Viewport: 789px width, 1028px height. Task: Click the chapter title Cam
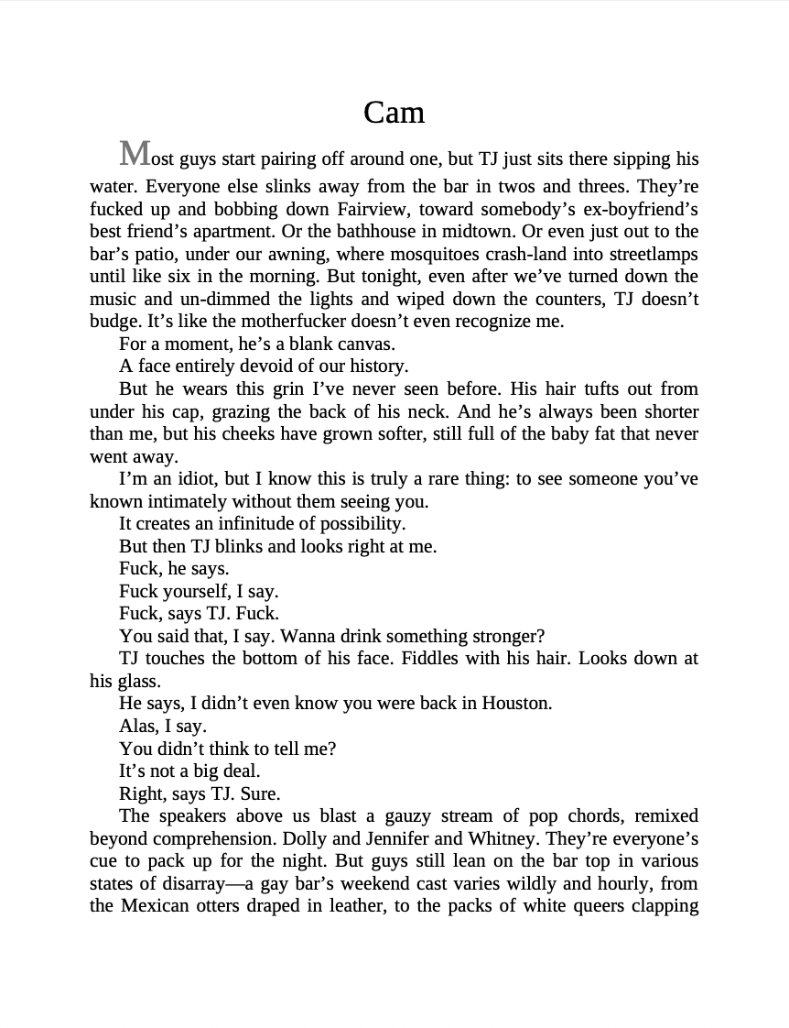click(394, 113)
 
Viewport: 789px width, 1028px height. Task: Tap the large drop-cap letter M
click(135, 154)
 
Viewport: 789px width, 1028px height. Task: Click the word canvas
click(364, 344)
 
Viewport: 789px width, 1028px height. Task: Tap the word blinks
click(240, 546)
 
